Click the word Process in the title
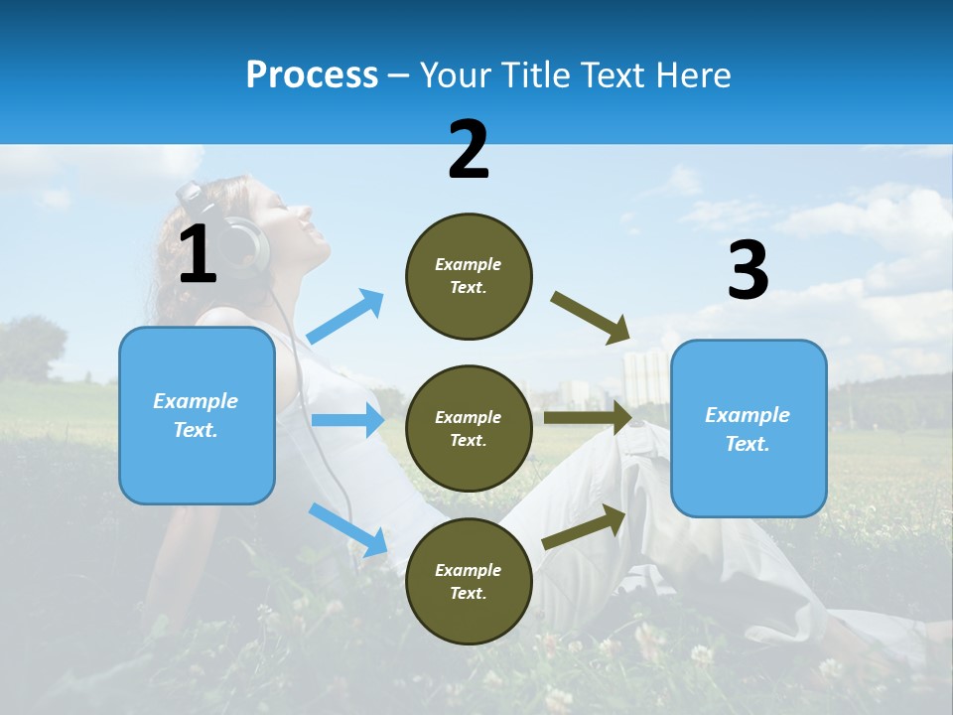tap(312, 75)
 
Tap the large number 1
tap(198, 254)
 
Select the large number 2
tap(469, 150)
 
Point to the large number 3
tap(748, 271)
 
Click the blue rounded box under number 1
tap(197, 415)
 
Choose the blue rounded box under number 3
tap(749, 429)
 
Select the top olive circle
tap(469, 276)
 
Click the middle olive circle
tap(469, 429)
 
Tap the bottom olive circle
tap(469, 581)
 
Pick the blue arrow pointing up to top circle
tap(345, 317)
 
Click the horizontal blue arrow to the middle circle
tap(347, 420)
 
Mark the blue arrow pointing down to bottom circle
tap(347, 529)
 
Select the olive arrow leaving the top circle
tap(591, 318)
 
